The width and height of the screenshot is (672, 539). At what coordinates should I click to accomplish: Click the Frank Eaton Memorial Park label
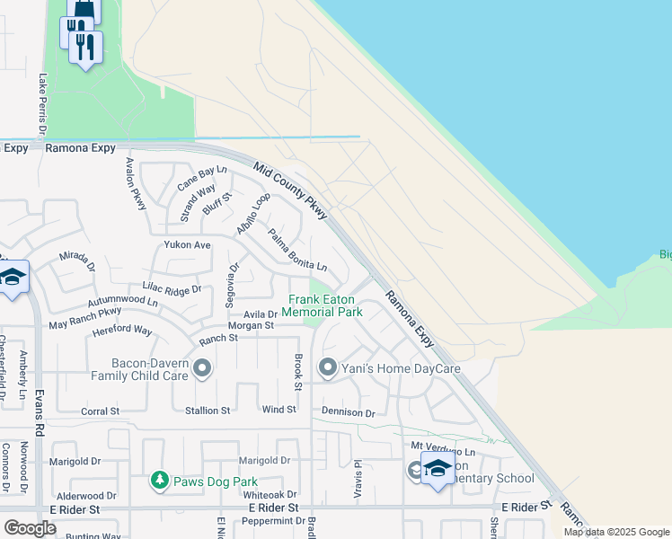click(322, 305)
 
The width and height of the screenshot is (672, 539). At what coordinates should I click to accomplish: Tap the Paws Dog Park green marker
click(160, 482)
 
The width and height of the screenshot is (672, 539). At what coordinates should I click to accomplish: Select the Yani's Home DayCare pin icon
click(328, 367)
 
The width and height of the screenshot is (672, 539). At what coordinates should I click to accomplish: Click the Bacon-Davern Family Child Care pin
click(202, 368)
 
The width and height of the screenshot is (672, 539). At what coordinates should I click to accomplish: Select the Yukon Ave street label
click(187, 245)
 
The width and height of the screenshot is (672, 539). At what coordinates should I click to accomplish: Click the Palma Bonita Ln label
click(297, 251)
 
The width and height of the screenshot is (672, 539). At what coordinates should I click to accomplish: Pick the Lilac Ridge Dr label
click(171, 290)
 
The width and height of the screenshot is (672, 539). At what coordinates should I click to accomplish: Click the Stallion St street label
click(206, 411)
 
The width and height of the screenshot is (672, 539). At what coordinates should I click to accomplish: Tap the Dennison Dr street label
click(347, 413)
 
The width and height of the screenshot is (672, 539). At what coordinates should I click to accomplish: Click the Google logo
click(30, 528)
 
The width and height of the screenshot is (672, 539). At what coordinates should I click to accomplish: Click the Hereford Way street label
click(122, 331)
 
